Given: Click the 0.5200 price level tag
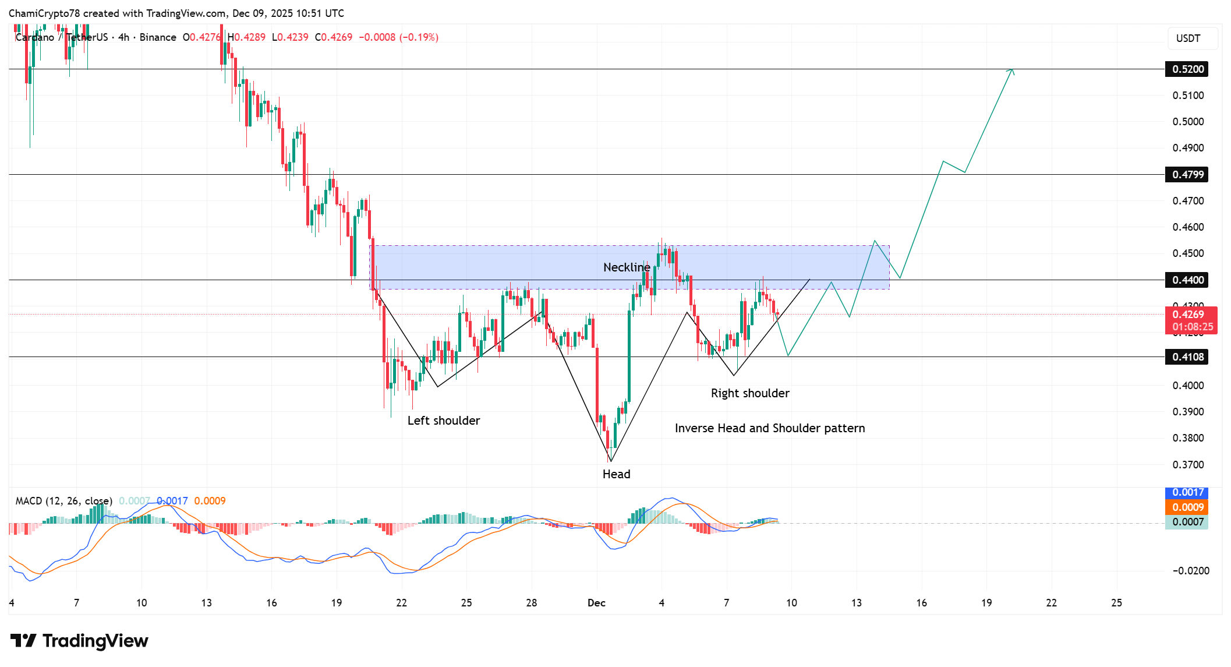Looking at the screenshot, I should click(x=1187, y=69).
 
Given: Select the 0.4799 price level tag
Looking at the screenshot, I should click(x=1187, y=175).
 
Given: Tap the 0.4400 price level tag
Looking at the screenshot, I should click(x=1187, y=280).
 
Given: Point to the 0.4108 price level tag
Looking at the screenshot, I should click(x=1187, y=357).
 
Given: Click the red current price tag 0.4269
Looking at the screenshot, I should click(x=1190, y=320).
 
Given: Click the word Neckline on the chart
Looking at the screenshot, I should click(x=627, y=267).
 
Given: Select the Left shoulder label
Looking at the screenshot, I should click(x=444, y=421).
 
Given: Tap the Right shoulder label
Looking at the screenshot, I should click(x=750, y=393).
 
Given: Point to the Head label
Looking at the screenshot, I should click(x=616, y=474).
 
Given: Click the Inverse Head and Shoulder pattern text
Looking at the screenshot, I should click(x=770, y=428).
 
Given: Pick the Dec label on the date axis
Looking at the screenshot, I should click(x=596, y=603).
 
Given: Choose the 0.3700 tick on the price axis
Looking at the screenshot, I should click(x=1188, y=465).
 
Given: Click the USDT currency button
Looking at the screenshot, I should click(x=1188, y=38).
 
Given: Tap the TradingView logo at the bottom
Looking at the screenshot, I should click(x=79, y=641).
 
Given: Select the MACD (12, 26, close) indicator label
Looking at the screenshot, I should click(x=63, y=501).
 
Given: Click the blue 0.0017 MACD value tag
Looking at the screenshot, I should click(x=1187, y=493).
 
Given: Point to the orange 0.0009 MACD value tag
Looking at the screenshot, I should click(x=1187, y=507).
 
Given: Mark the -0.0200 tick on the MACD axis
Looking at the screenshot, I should click(x=1190, y=571).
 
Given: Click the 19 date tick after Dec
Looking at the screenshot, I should click(x=986, y=603).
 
